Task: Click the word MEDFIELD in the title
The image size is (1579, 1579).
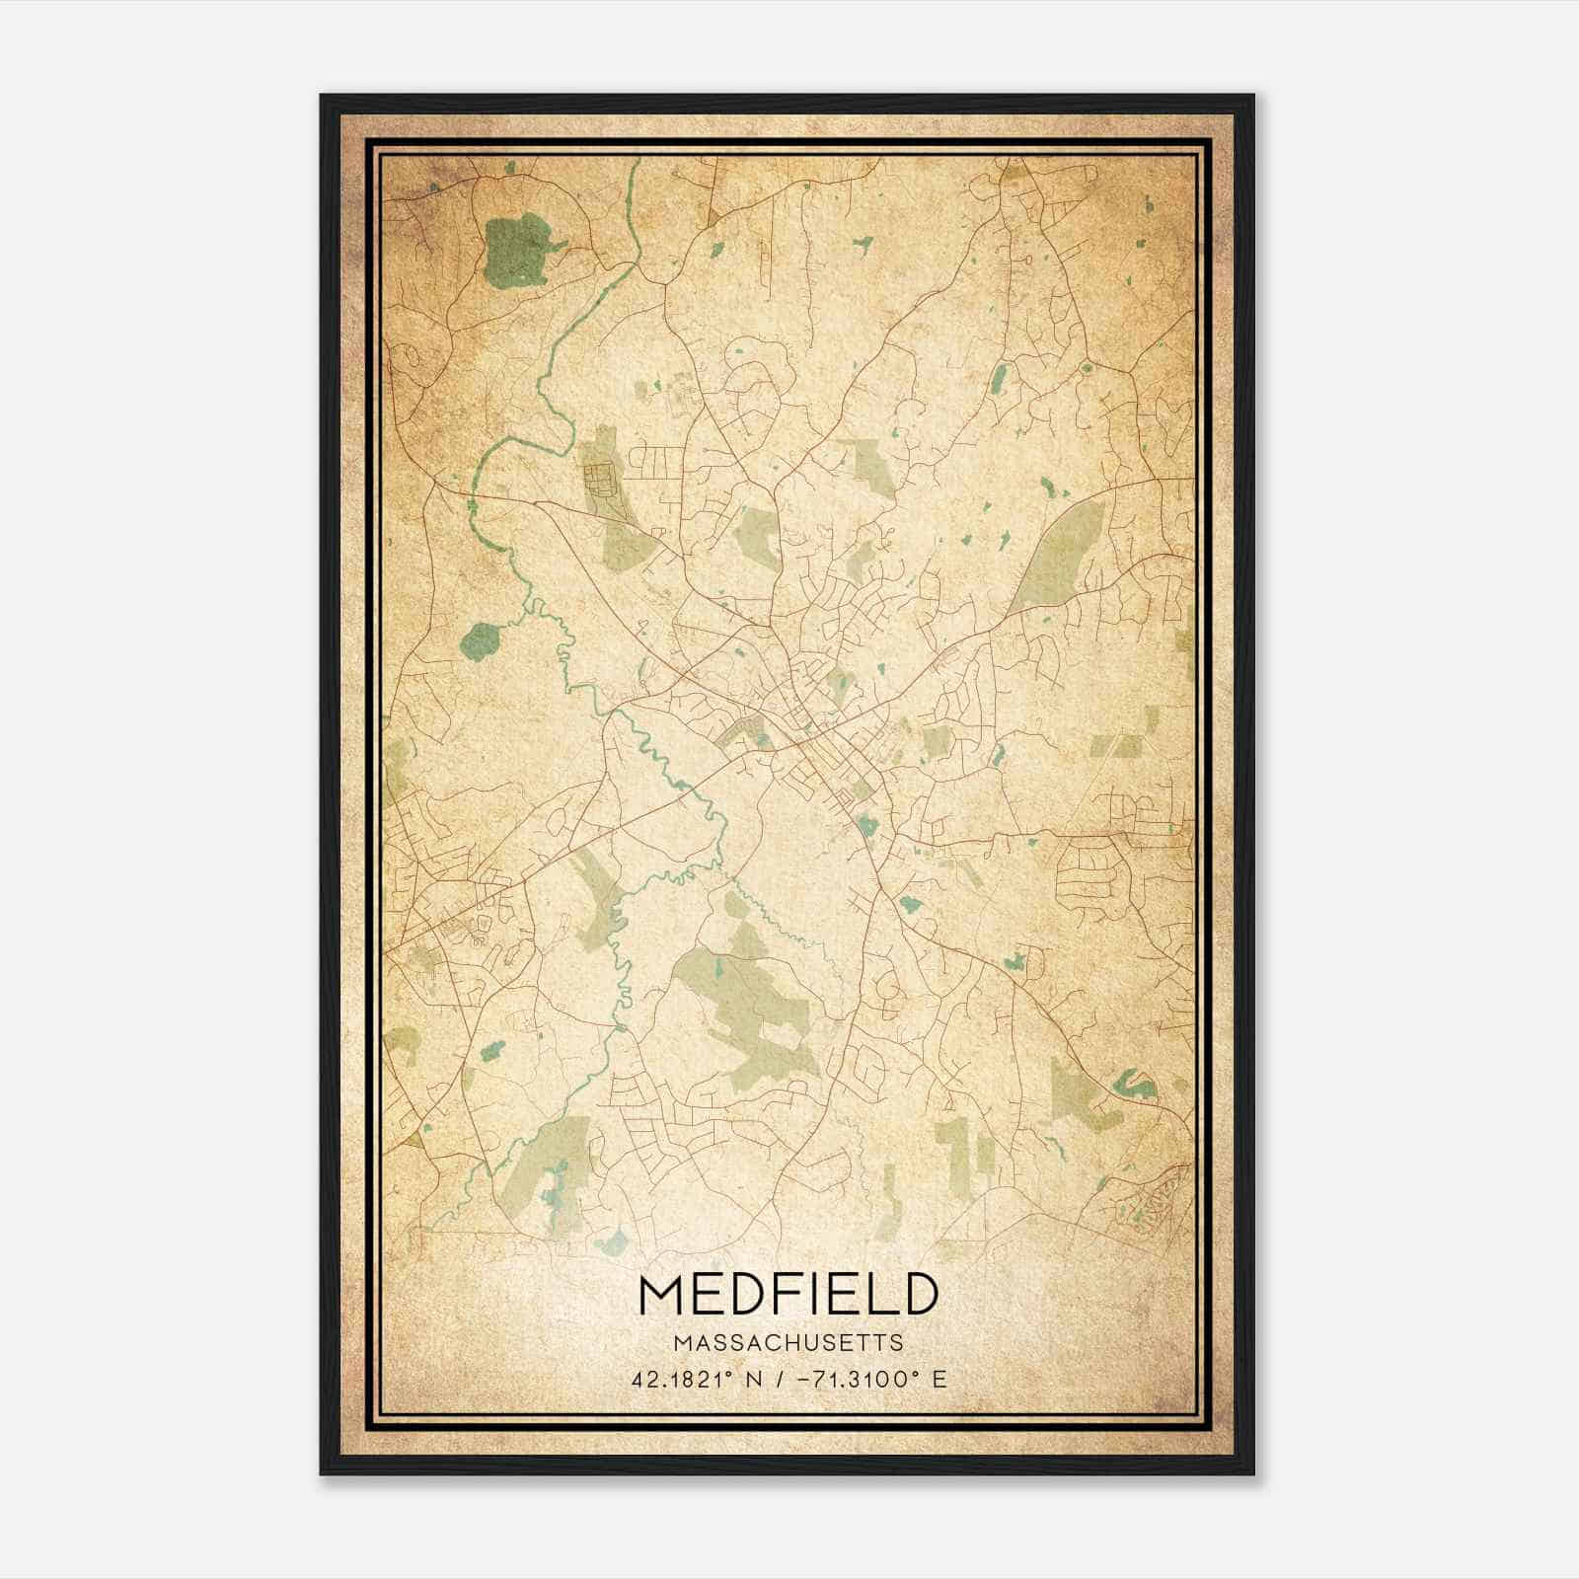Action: tap(787, 1294)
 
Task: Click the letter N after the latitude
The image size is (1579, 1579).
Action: tap(753, 1379)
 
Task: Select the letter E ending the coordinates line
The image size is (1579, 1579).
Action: tap(940, 1379)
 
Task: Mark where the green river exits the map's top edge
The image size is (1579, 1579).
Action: tap(631, 162)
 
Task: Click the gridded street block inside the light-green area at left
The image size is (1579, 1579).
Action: tap(598, 483)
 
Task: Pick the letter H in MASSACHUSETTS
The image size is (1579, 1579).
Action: tap(774, 1343)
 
